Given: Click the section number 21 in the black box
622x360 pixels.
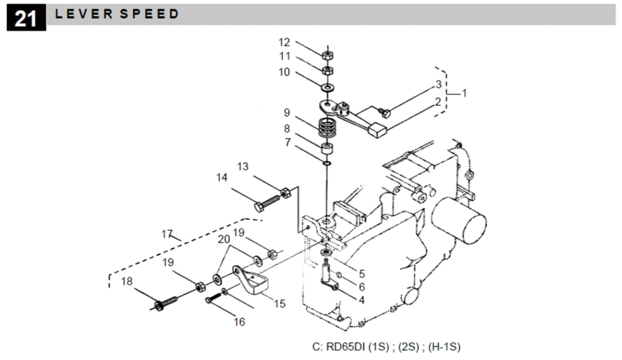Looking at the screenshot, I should [26, 18].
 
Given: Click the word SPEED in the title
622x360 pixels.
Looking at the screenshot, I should [149, 14].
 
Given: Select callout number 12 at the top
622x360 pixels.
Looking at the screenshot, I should [284, 43].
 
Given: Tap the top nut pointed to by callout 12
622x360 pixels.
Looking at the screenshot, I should [327, 55].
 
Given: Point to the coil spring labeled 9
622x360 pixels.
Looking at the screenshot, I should [327, 128].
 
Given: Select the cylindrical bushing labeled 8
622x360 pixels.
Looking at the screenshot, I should [327, 148].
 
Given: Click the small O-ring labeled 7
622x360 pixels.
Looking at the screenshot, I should [327, 164].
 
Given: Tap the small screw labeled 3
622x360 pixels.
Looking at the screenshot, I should [385, 114].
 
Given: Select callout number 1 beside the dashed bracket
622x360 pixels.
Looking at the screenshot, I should [464, 93].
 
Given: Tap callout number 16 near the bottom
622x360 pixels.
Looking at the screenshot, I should [239, 322].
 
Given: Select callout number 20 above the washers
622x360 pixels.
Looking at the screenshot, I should [223, 239].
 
